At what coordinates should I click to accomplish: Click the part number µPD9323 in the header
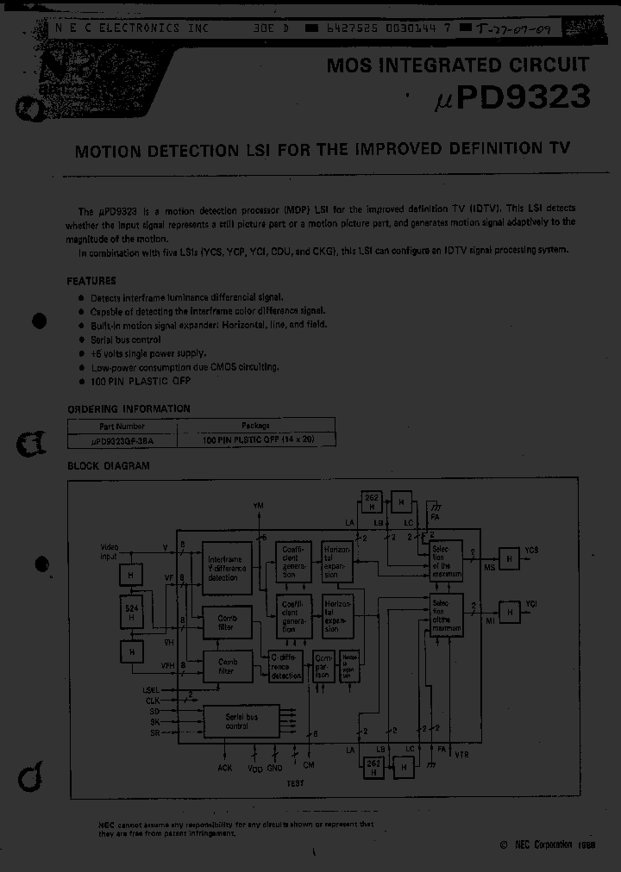point(509,97)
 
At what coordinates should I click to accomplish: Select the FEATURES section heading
point(91,281)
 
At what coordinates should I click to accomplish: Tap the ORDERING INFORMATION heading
point(129,408)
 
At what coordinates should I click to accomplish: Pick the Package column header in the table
point(255,426)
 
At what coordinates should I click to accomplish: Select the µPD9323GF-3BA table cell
point(122,439)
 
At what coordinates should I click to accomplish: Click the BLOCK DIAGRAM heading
point(109,466)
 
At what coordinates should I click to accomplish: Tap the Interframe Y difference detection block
point(227,568)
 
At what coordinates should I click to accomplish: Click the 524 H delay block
point(131,614)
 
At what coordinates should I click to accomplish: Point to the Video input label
point(110,551)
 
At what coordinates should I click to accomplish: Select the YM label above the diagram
point(259,504)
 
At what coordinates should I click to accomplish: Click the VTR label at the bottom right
point(462,754)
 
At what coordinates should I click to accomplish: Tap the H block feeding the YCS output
point(509,559)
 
